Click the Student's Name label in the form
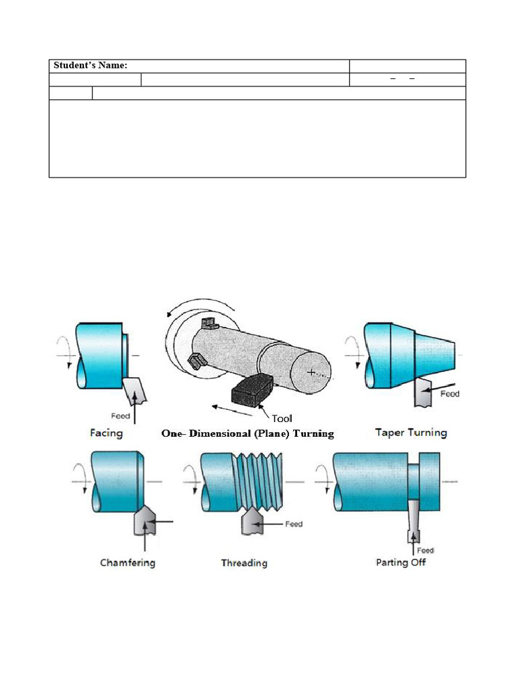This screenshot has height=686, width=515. click(x=91, y=66)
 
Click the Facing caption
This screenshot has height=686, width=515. click(x=107, y=433)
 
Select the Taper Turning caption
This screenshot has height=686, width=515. click(x=410, y=433)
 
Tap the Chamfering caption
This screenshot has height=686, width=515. click(x=127, y=562)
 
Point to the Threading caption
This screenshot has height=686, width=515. click(x=244, y=563)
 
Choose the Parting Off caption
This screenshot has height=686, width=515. click(x=400, y=562)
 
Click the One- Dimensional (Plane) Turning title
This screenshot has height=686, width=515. click(x=247, y=433)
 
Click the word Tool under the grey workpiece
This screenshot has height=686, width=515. click(x=282, y=419)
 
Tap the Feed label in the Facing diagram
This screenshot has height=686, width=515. click(x=121, y=416)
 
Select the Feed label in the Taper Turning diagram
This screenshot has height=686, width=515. click(x=449, y=394)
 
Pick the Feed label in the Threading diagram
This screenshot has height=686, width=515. click(x=294, y=524)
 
